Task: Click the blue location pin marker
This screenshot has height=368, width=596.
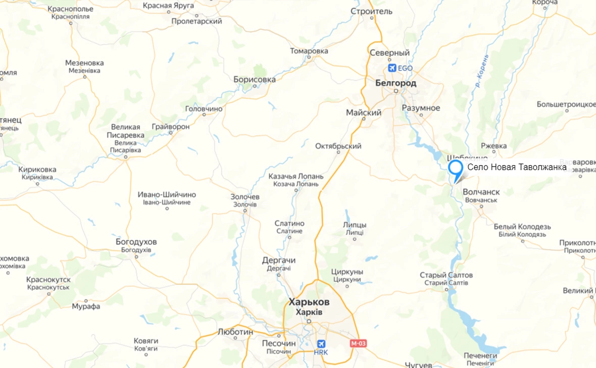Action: click(x=456, y=169)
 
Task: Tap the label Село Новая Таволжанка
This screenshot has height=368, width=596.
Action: click(x=516, y=168)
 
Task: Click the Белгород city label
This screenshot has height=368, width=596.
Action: click(x=396, y=83)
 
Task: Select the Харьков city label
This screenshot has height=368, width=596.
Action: click(x=309, y=302)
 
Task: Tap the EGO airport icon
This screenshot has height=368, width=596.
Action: click(x=391, y=68)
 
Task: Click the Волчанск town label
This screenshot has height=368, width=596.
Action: click(x=481, y=192)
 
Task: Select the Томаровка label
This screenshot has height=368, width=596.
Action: click(x=309, y=51)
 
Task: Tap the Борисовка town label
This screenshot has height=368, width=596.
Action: click(x=255, y=80)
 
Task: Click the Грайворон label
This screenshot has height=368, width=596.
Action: click(x=171, y=127)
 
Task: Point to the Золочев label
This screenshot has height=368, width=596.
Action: click(x=245, y=196)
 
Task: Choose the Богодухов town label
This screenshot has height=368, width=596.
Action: click(x=136, y=242)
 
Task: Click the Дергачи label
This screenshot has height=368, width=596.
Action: click(x=279, y=260)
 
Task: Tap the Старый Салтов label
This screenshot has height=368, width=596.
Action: click(x=446, y=275)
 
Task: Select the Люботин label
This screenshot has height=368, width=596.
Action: click(x=235, y=332)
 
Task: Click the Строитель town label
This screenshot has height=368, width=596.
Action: click(x=371, y=11)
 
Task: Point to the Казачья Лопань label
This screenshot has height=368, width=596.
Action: click(x=296, y=177)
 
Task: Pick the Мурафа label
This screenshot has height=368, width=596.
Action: click(x=86, y=306)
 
